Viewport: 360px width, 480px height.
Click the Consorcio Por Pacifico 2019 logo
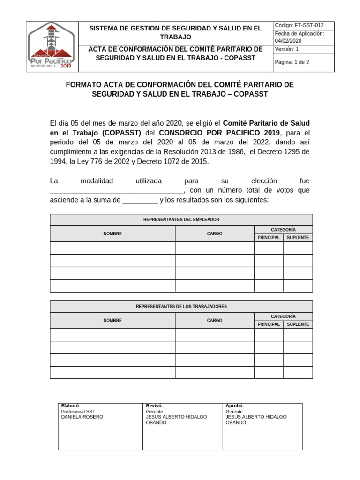tap(50, 47)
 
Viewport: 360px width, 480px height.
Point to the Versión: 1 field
tap(287, 49)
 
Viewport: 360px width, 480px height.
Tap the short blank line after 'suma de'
tap(140, 201)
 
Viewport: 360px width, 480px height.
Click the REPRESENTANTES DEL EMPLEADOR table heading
tap(181, 220)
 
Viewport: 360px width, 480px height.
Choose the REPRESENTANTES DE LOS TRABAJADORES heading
tap(181, 307)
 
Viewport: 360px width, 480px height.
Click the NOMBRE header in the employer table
tap(112, 233)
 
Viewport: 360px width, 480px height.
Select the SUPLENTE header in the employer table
tap(298, 238)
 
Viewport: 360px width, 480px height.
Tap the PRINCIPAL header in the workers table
tap(269, 324)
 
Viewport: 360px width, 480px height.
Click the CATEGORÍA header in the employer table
tap(283, 230)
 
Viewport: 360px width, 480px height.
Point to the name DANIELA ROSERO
tap(82, 417)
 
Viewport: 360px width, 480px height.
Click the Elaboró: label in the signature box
tap(71, 406)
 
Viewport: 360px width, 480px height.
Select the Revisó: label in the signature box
tap(154, 406)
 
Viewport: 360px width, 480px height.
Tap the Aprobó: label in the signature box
tap(234, 406)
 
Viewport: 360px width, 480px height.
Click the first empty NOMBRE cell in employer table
tap(112, 248)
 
